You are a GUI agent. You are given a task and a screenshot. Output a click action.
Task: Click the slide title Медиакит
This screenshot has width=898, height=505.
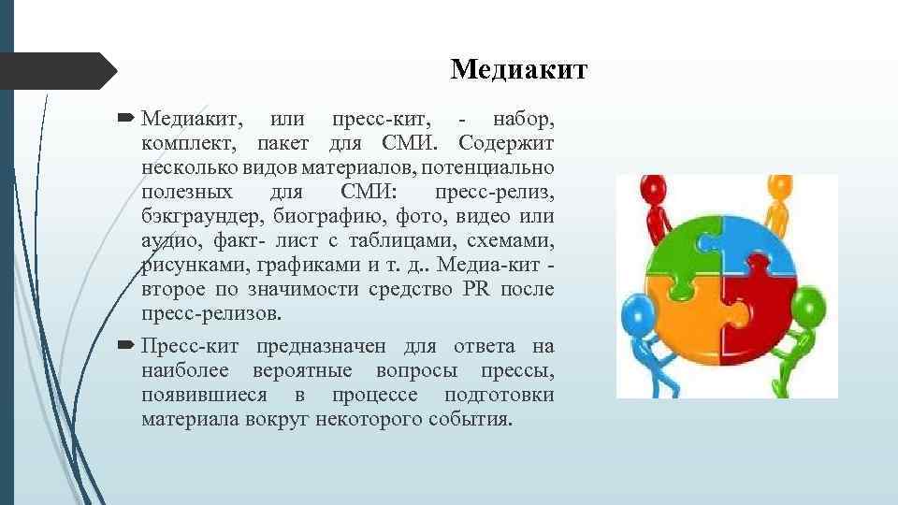tap(518, 70)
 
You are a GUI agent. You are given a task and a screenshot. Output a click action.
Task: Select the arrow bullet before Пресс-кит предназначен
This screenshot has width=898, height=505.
tap(127, 347)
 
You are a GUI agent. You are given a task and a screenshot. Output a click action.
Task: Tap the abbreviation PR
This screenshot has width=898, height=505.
tap(476, 290)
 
